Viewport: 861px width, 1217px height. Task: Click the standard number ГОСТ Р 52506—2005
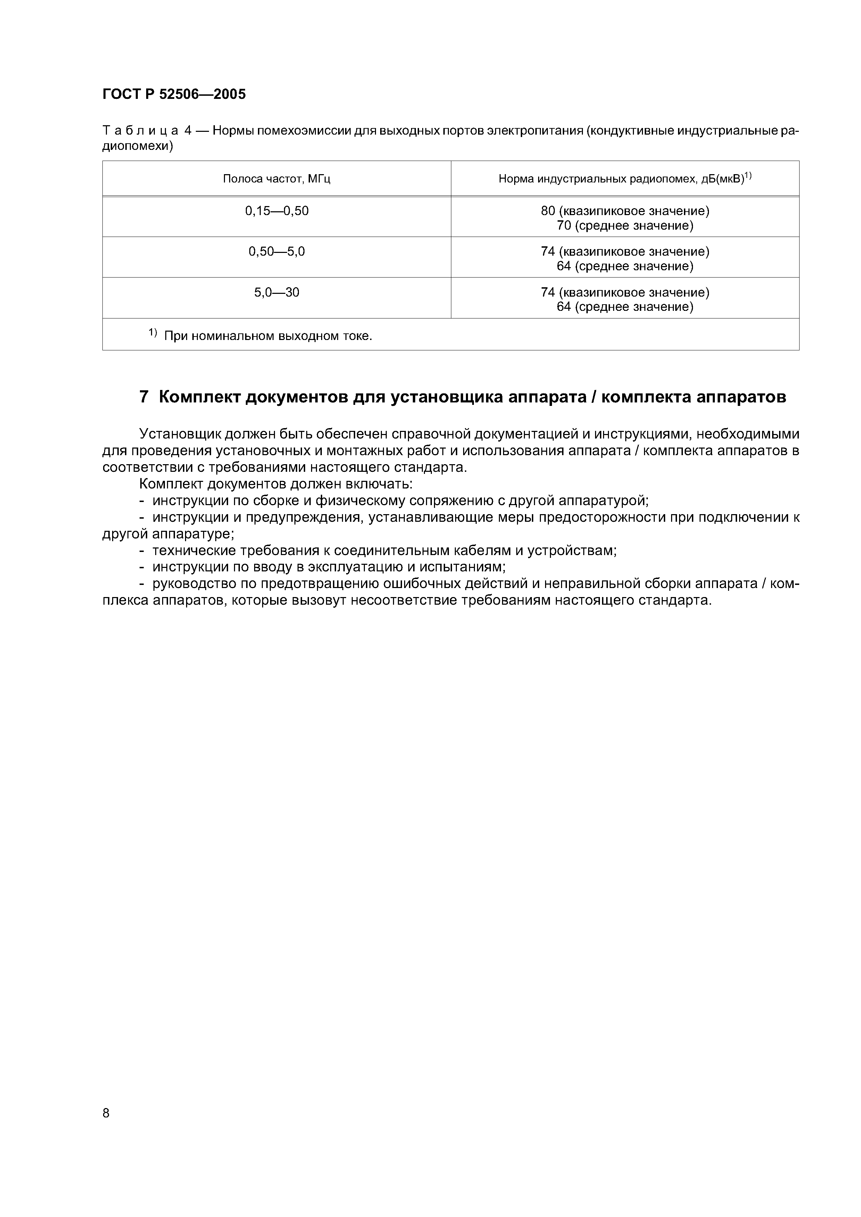pos(174,94)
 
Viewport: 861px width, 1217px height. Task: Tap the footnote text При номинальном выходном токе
pos(268,336)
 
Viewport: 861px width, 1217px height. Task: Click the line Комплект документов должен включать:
pos(276,484)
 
